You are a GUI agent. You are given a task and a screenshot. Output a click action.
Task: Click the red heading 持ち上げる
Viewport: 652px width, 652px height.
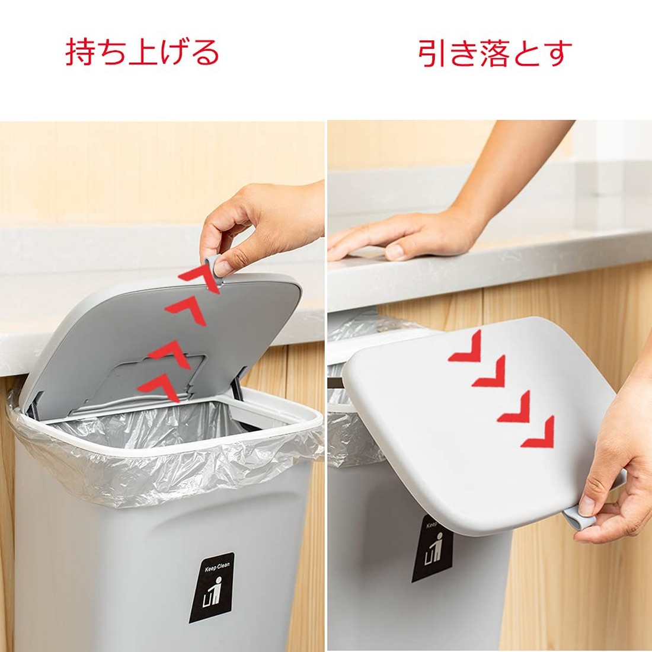[142, 52]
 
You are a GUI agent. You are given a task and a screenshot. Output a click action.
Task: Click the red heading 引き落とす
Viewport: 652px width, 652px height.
[495, 53]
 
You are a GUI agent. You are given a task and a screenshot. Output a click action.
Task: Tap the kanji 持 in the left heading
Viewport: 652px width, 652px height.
[81, 52]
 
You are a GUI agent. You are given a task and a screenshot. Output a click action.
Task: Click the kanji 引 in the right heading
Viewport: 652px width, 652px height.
[433, 53]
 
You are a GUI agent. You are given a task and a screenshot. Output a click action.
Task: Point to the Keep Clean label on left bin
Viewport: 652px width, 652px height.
[212, 587]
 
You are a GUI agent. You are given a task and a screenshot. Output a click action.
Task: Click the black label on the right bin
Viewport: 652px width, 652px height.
[431, 548]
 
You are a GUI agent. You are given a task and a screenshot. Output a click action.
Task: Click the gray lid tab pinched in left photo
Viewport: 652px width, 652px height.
[214, 269]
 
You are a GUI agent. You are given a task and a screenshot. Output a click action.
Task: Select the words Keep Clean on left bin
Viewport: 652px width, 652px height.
[217, 567]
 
